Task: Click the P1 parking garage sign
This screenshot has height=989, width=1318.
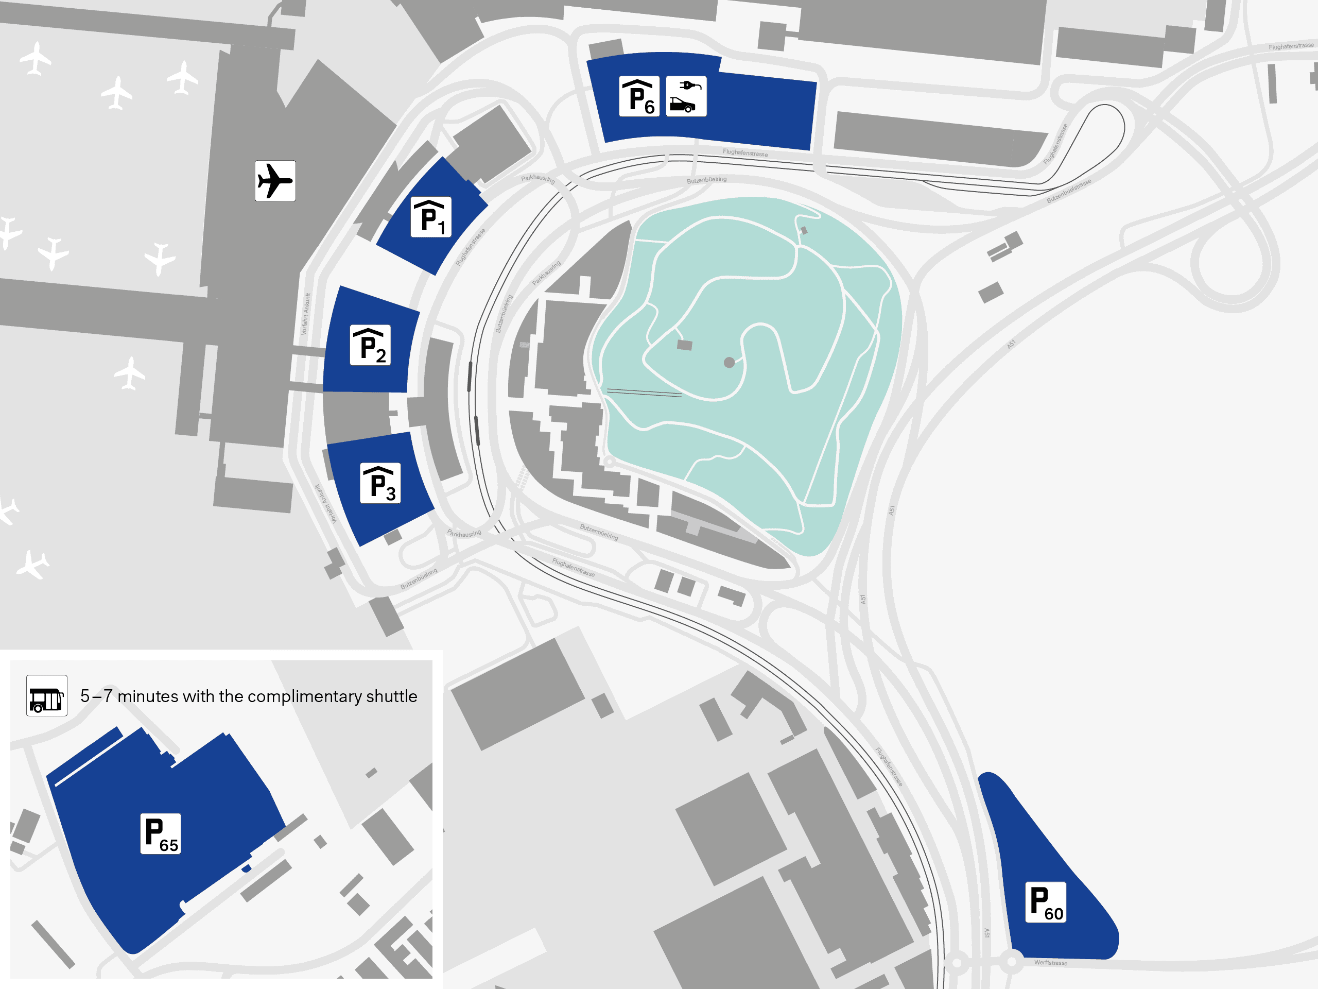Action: (x=431, y=217)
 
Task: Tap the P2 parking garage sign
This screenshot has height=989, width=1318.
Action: (x=370, y=345)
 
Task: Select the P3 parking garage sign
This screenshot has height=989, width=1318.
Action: (x=380, y=483)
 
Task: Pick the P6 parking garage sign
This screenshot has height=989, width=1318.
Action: (x=639, y=96)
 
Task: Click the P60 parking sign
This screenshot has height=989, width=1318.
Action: (x=1045, y=902)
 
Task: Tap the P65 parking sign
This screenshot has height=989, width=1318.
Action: (x=160, y=833)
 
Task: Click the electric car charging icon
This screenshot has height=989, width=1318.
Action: (x=686, y=96)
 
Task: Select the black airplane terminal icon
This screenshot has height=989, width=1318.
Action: (x=275, y=181)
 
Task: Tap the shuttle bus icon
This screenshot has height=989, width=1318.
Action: (x=46, y=696)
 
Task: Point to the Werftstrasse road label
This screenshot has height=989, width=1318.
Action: (x=1050, y=963)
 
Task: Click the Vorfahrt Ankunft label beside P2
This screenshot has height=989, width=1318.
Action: (x=306, y=314)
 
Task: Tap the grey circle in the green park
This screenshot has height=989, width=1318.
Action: (x=729, y=363)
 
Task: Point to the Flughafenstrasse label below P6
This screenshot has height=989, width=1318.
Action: (x=745, y=153)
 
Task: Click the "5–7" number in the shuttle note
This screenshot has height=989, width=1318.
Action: (x=96, y=696)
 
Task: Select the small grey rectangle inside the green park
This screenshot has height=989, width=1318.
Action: (x=685, y=345)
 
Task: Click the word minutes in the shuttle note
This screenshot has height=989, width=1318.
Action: (x=148, y=696)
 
